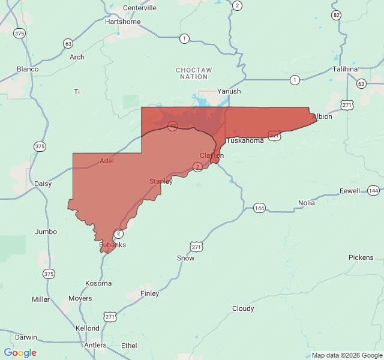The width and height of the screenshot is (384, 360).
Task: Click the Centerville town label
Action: [139, 8]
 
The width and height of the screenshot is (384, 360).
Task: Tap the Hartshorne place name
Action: [122, 22]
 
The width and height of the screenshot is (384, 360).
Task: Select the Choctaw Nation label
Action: [194, 73]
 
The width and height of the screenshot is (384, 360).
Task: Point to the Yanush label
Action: [229, 91]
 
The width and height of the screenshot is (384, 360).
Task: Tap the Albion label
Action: [322, 116]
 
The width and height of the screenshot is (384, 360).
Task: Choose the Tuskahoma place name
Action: [244, 140]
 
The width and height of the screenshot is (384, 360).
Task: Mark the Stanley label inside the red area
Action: [161, 181]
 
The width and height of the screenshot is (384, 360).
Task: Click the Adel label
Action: [106, 161]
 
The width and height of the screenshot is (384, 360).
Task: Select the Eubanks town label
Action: [113, 245]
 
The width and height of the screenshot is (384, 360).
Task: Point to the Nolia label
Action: [306, 203]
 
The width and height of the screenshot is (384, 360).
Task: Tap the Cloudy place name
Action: [243, 308]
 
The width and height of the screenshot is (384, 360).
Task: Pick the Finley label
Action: [149, 293]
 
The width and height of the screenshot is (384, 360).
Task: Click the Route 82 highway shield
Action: [336, 14]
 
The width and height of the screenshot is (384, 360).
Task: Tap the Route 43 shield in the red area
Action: [172, 126]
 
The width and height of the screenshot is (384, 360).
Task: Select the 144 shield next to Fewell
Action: [373, 190]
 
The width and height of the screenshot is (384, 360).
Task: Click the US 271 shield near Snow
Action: [196, 247]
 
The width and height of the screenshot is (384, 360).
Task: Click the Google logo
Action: [20, 353]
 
